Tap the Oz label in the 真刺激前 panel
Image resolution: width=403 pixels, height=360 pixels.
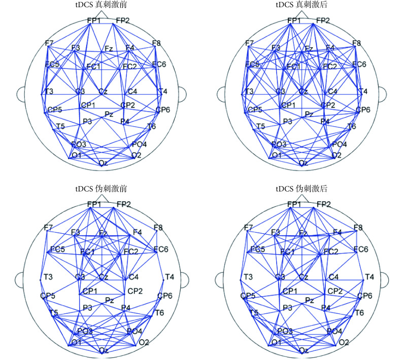pos(103,163)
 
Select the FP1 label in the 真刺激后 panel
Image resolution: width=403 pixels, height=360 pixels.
pos(294,20)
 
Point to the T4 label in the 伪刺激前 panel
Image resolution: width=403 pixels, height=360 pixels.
pos(170,277)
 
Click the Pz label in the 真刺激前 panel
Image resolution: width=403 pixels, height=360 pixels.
pos(109,115)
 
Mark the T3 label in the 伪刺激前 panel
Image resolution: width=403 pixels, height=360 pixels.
pos(48,277)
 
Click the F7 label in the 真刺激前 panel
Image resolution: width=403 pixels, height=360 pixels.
pos(49,44)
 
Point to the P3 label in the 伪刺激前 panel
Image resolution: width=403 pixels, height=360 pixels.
pos(88,308)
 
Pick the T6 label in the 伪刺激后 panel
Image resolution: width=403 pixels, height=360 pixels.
pos(359,313)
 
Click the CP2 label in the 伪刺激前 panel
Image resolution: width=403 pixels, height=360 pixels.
pos(135,291)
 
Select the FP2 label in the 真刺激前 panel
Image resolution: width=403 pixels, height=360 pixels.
pos(123,20)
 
